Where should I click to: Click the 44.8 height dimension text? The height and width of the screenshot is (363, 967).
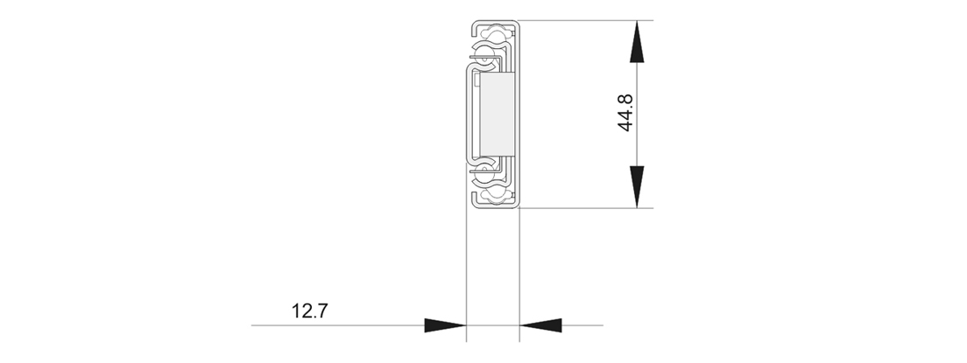pos(625,114)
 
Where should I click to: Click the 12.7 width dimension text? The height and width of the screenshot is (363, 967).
pos(309,311)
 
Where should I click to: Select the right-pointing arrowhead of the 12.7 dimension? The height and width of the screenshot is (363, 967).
pos(444,325)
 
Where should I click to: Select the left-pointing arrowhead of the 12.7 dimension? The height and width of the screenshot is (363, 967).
pos(540,325)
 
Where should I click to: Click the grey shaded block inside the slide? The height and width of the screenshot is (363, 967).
pos(495,114)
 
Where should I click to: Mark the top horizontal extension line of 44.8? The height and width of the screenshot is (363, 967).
pos(587,20)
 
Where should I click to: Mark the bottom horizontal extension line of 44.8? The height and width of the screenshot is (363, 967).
pos(587,208)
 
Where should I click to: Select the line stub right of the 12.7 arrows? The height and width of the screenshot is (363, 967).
pos(582,325)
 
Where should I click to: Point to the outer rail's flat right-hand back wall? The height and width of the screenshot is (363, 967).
pos(519,114)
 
